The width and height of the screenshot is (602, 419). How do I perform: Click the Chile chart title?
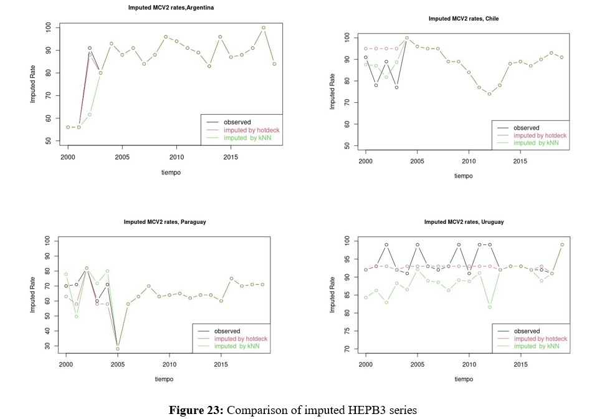(464, 19)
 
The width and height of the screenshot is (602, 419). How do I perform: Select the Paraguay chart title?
(165, 221)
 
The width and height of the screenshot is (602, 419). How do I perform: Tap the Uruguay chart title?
(464, 221)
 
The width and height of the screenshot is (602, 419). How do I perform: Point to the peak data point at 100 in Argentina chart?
(264, 27)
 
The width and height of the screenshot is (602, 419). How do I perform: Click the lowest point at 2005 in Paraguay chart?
(118, 349)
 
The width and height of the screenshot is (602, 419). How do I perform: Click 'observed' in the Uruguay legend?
(527, 331)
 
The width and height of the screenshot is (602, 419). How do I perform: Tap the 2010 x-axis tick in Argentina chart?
(177, 157)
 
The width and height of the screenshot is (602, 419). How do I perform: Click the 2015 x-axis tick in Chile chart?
(520, 161)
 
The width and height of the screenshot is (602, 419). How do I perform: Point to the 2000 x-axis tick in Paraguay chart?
(66, 364)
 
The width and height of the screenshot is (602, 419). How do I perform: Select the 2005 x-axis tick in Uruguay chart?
(418, 364)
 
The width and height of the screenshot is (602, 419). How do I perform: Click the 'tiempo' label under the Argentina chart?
(170, 173)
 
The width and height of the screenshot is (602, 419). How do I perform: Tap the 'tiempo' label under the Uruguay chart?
(464, 378)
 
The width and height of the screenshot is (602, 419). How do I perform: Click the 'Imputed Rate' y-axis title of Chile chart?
(333, 92)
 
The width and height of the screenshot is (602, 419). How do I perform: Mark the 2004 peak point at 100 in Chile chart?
(407, 38)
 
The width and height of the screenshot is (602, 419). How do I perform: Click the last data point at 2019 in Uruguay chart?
(562, 244)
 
